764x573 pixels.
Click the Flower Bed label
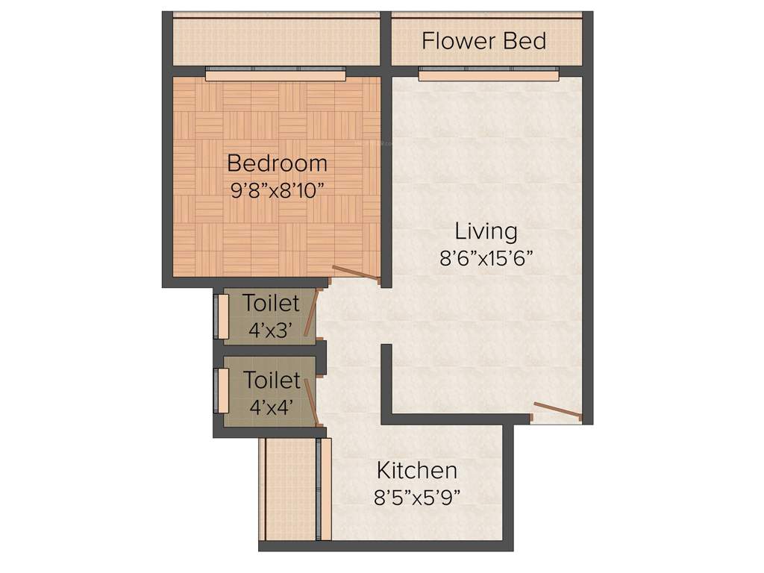coord(483,40)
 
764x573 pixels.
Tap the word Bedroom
coord(277,163)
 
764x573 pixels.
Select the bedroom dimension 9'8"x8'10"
coord(277,190)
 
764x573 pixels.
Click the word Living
coord(486,231)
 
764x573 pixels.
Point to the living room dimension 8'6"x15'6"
coord(486,258)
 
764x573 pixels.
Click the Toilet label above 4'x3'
coord(271,303)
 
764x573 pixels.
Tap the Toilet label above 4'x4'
coord(272,381)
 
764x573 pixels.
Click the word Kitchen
coord(416,471)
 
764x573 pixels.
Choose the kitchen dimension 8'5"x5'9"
coord(416,498)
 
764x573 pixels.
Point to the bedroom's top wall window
coord(275,73)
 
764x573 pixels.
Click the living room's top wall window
coord(488,73)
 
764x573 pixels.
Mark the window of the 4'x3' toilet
coord(222,316)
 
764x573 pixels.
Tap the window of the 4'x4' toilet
coord(222,389)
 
